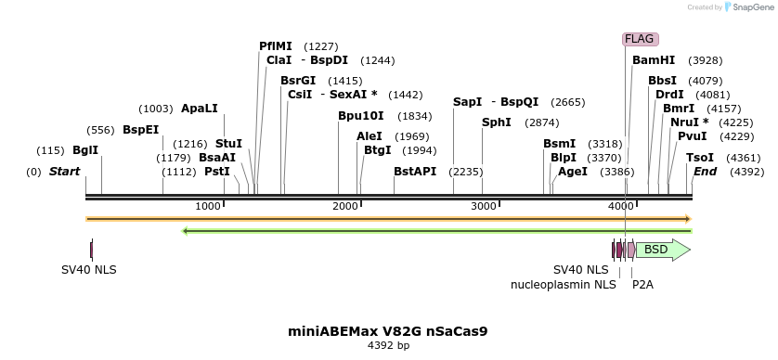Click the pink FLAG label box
coord(640,39)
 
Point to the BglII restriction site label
coord(85,150)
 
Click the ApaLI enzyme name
coord(200,109)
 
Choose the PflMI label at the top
coord(276,46)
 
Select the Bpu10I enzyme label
coord(360,116)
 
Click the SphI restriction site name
coord(497,122)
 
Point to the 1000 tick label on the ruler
coord(208,205)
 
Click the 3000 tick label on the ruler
coord(483,205)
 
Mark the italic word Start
coord(64,172)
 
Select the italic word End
coord(705,172)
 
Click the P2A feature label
coord(642,285)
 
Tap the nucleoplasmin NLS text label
coord(564,285)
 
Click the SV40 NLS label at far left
coord(89,270)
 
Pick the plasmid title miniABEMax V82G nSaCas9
coord(388,330)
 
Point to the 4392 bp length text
coord(388,345)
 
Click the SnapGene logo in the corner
coord(747,7)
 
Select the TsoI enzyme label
coord(700,158)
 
